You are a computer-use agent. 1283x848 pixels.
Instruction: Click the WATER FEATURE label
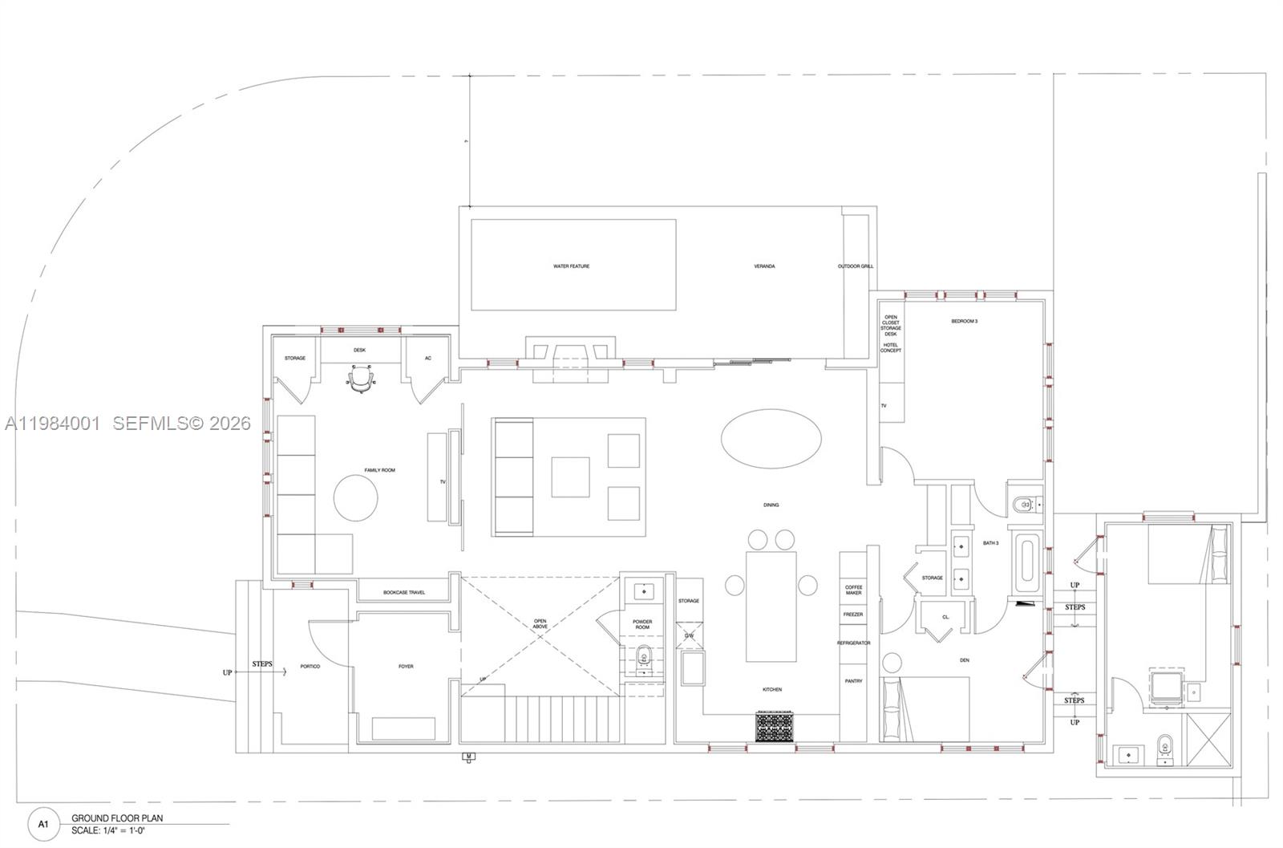(571, 266)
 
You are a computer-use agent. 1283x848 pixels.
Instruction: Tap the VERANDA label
(764, 266)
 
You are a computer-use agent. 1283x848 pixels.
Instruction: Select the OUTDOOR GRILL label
(856, 266)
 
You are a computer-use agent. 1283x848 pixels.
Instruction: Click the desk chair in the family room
(362, 379)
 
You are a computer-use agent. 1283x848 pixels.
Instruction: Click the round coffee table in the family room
(355, 498)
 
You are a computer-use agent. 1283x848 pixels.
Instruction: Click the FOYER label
(406, 667)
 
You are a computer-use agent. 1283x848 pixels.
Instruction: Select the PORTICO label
(310, 667)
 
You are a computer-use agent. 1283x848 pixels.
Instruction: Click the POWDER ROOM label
(642, 624)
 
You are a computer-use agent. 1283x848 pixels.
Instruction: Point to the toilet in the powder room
(643, 659)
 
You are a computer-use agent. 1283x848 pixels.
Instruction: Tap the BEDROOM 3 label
(964, 321)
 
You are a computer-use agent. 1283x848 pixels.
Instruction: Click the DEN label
(964, 660)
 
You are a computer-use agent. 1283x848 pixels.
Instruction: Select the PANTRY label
(853, 681)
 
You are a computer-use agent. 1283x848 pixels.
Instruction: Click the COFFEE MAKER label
(853, 590)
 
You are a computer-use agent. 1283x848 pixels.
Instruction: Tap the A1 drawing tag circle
(44, 824)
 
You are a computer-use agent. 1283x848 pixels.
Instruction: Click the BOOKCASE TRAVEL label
(404, 593)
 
